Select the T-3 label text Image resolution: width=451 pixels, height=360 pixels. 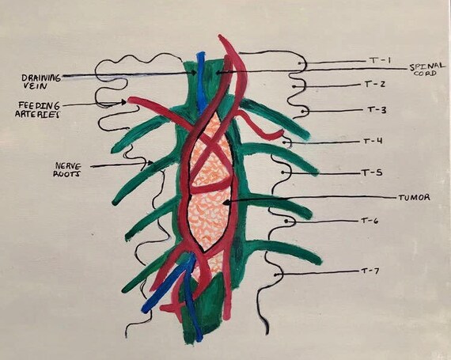point(377,110)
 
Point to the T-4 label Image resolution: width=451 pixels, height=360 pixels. point(373,141)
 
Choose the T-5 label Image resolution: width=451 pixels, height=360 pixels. point(371,172)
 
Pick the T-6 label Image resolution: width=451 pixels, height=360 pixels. point(370,221)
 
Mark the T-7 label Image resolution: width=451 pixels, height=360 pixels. point(370,271)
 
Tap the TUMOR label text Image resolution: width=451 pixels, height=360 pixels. point(414,198)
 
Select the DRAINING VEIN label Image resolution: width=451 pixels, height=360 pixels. point(41,81)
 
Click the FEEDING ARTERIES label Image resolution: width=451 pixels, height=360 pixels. point(38,109)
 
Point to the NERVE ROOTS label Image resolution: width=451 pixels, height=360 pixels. point(69,169)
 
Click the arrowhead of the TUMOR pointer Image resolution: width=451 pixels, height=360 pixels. point(226,203)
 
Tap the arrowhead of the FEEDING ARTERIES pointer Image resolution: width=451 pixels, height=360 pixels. point(124,102)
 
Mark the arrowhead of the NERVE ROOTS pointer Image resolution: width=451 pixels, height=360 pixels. point(150,163)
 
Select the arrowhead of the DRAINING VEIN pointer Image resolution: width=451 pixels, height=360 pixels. point(195,73)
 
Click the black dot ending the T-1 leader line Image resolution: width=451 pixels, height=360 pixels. point(299,63)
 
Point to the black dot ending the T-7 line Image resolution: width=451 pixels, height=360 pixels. point(275,275)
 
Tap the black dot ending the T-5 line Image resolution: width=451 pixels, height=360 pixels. point(283,172)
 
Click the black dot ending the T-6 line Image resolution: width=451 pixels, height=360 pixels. point(286,222)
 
